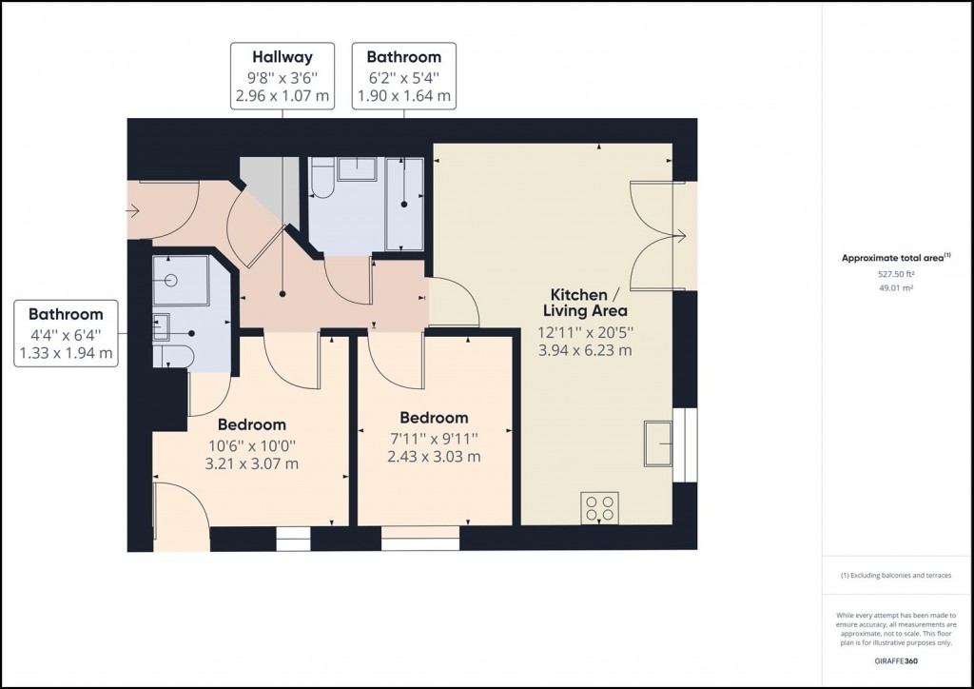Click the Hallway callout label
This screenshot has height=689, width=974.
tap(282, 57)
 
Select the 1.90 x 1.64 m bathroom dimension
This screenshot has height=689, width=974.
tap(403, 96)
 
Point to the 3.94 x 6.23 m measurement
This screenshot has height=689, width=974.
tap(585, 349)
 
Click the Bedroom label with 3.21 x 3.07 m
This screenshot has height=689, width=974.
tap(252, 424)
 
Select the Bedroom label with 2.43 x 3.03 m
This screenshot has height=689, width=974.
tap(434, 418)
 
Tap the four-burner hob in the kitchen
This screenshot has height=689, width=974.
tap(600, 507)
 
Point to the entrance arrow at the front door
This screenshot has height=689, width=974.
tap(132, 211)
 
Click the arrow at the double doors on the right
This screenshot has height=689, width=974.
tap(680, 235)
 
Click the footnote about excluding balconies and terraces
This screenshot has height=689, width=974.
tap(894, 576)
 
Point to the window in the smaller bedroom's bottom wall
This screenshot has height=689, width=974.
tap(419, 544)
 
